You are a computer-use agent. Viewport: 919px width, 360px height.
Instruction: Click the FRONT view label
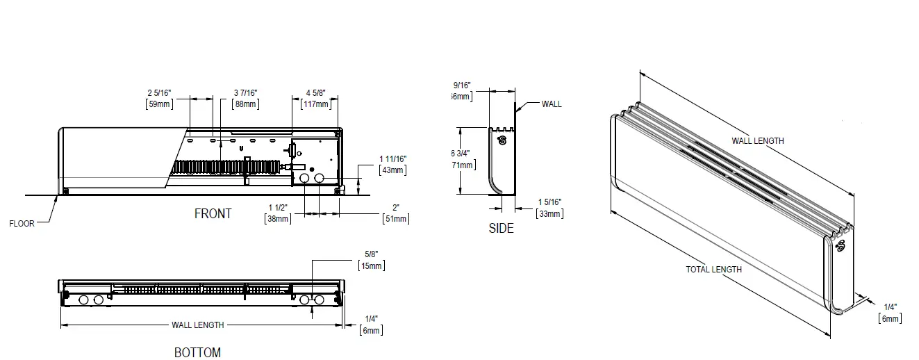213,214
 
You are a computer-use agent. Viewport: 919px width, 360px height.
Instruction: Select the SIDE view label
501,228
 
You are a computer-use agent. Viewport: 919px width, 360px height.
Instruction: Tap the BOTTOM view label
197,352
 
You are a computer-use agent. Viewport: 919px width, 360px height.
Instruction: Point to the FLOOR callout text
22,224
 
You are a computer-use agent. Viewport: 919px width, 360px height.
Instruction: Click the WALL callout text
552,104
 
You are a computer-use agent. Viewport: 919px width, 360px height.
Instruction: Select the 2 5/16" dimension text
160,92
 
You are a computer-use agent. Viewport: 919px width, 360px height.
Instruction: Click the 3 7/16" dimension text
245,92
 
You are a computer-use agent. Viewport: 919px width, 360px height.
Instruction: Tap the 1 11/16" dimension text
393,159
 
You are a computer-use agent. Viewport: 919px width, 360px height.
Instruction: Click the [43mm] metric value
393,170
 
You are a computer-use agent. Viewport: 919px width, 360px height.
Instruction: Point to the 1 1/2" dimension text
279,207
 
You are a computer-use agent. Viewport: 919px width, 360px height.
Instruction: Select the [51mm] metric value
396,219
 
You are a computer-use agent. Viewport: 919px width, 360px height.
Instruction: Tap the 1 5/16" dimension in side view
549,202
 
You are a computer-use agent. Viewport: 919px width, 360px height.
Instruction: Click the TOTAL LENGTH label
713,269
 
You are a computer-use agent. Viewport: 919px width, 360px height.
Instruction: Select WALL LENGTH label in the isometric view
757,140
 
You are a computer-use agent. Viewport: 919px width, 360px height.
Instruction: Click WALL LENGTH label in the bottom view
198,325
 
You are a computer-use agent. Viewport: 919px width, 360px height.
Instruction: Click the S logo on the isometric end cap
841,245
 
